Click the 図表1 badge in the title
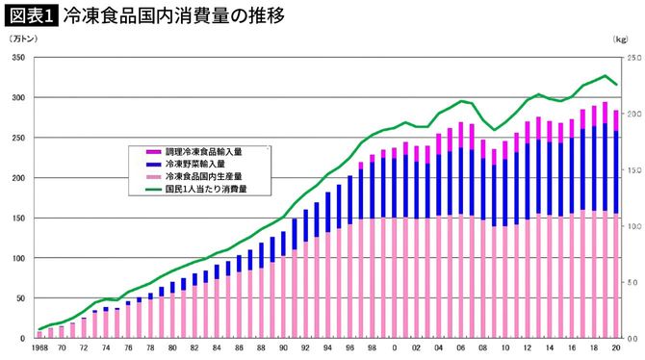(x=30, y=13)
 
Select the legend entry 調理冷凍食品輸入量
(x=204, y=152)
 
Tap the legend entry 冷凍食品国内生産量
(x=204, y=177)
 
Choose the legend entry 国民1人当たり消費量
(x=206, y=190)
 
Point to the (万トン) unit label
(x=22, y=39)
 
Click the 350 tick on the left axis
(x=17, y=58)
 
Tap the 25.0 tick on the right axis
(x=632, y=58)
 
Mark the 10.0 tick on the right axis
(x=632, y=226)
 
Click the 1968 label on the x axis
(x=39, y=347)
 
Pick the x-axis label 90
(x=283, y=347)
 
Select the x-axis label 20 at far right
(x=615, y=347)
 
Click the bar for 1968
(x=39, y=335)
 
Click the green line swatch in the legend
(x=153, y=190)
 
